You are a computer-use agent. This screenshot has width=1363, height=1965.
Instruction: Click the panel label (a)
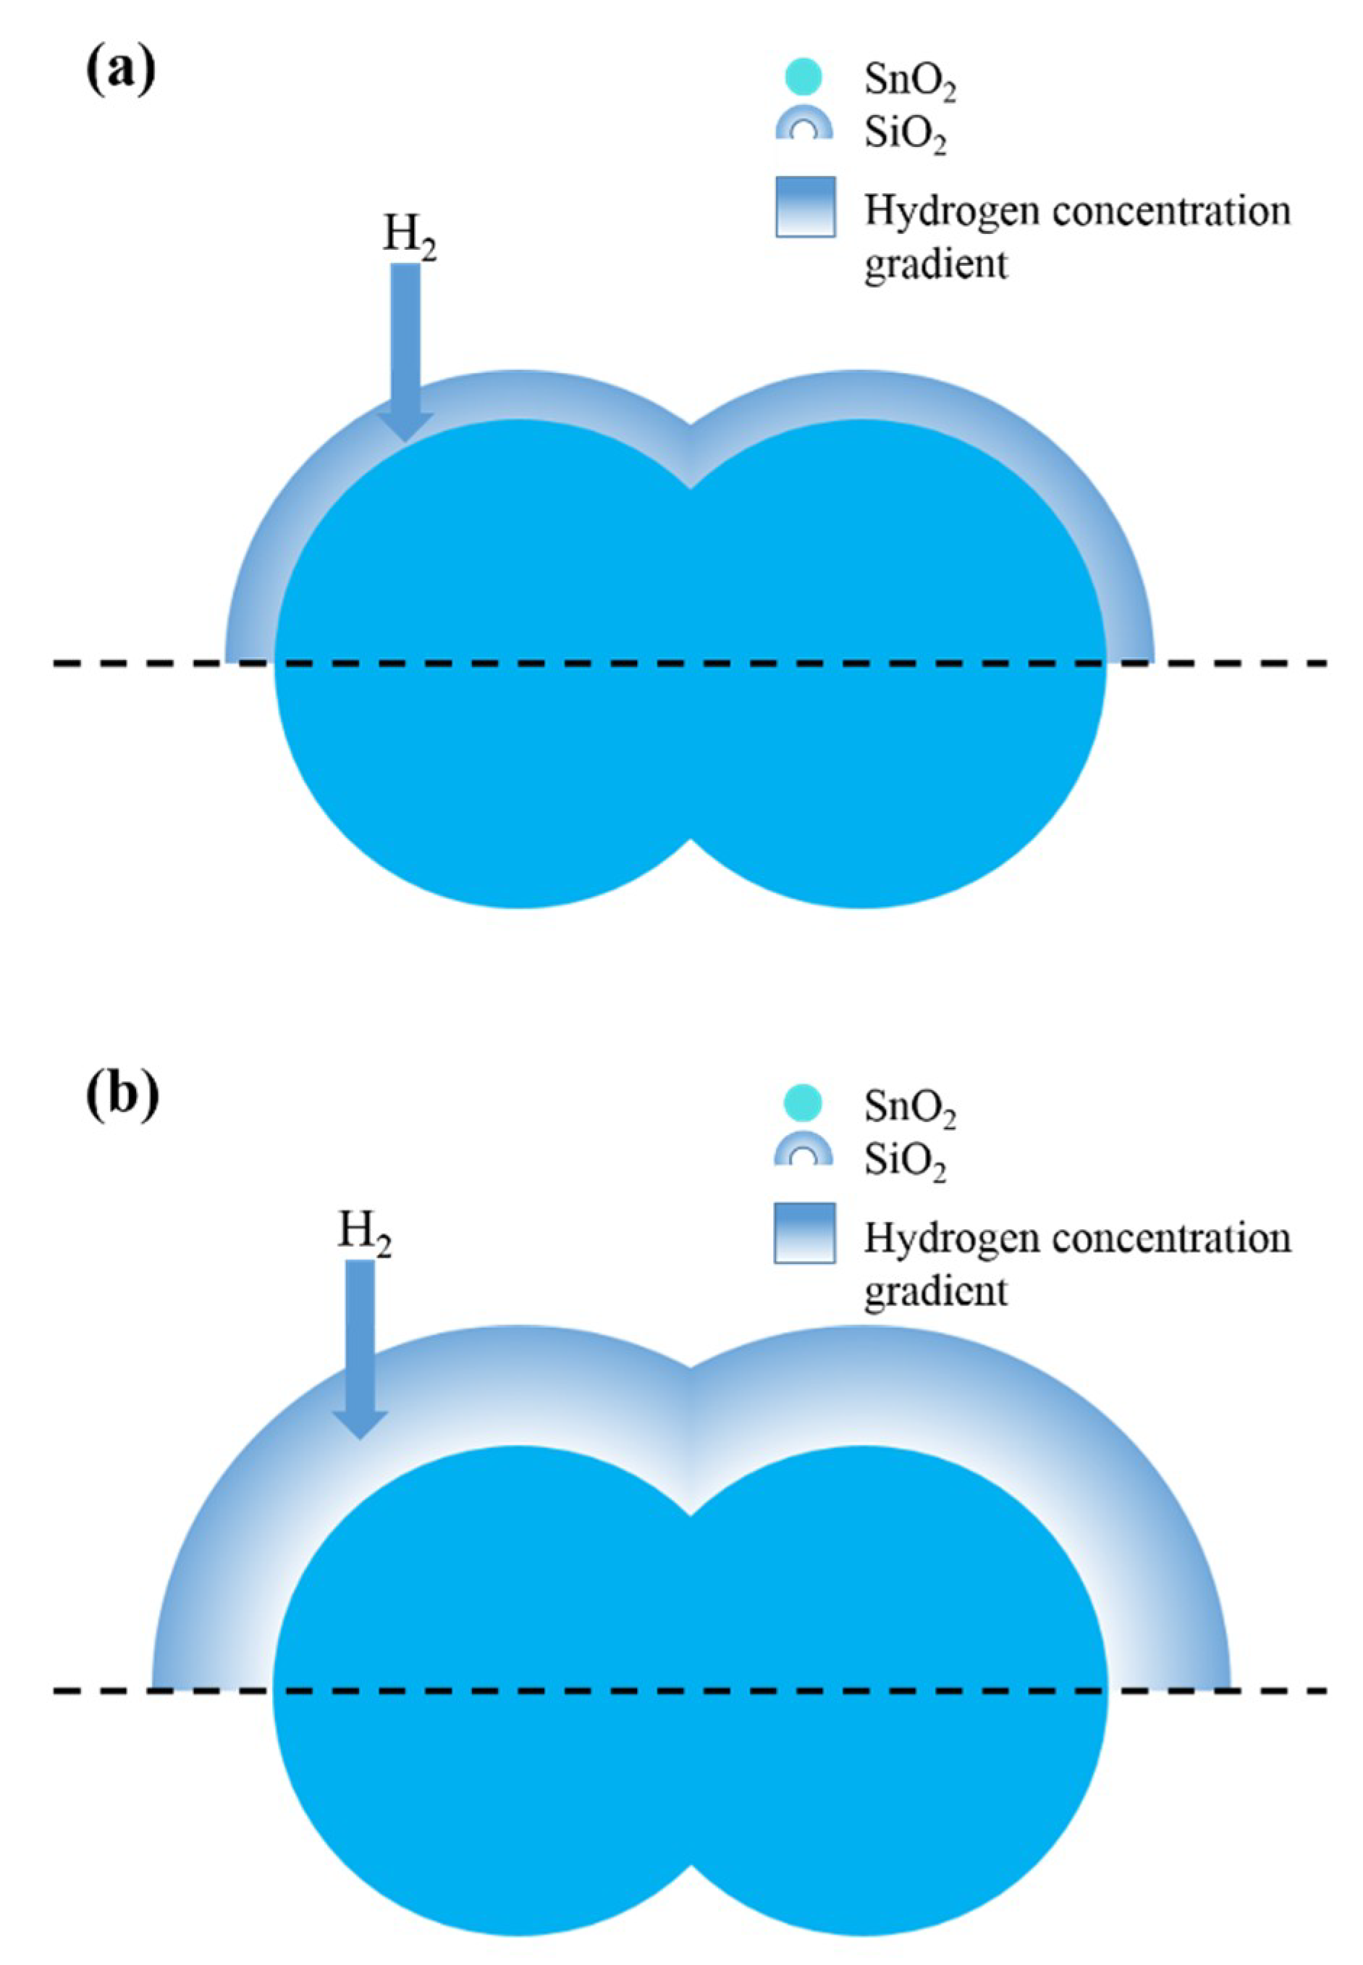(122, 70)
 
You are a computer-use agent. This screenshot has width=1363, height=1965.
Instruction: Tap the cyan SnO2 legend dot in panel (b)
(803, 1104)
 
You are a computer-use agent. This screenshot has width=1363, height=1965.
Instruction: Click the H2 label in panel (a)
(409, 238)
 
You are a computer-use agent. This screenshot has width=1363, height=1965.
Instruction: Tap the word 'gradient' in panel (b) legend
(935, 1291)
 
